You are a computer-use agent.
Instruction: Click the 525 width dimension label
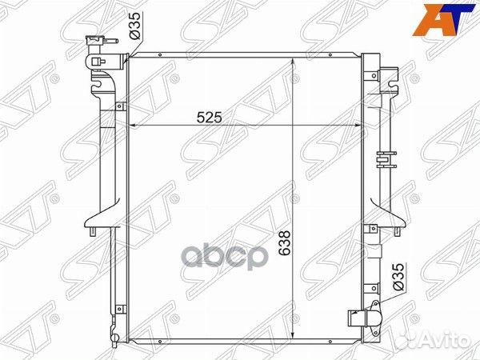coord(209,117)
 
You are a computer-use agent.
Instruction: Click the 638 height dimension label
coord(285,243)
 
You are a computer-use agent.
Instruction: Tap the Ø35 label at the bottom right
coord(398,277)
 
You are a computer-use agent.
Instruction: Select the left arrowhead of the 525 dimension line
coord(132,126)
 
